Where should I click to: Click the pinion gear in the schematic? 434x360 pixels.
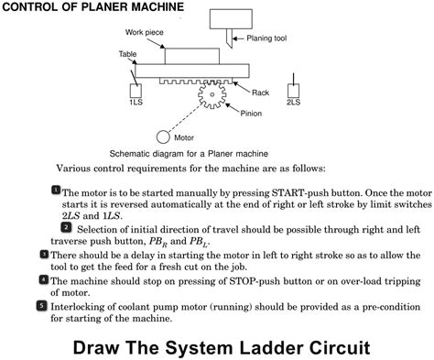tap(212, 94)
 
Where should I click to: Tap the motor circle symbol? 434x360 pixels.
tap(163, 137)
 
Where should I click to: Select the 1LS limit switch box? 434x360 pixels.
tap(136, 91)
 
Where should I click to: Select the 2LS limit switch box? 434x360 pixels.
tap(293, 91)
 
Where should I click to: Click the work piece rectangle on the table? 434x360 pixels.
tap(192, 56)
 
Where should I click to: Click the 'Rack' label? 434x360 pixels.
tap(260, 93)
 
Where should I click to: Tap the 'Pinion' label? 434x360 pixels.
tap(251, 114)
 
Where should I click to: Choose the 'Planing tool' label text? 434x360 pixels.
tap(266, 38)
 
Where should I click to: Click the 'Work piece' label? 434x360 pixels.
tap(145, 32)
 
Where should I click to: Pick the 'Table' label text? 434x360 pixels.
tap(127, 54)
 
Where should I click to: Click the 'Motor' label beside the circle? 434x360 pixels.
tap(184, 137)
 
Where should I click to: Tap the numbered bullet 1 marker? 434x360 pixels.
tap(56, 190)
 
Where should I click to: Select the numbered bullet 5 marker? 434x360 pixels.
tap(42, 306)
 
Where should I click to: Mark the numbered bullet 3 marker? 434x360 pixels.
tap(44, 254)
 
